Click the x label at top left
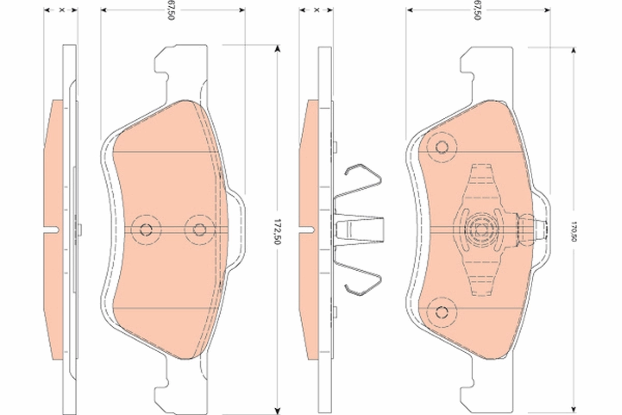(61, 10)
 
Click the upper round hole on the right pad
(442, 147)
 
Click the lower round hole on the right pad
(442, 311)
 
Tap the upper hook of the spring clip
(363, 174)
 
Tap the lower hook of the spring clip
(363, 284)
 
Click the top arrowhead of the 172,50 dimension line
(278, 48)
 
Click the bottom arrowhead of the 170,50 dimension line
(574, 407)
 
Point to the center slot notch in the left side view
(52, 229)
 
